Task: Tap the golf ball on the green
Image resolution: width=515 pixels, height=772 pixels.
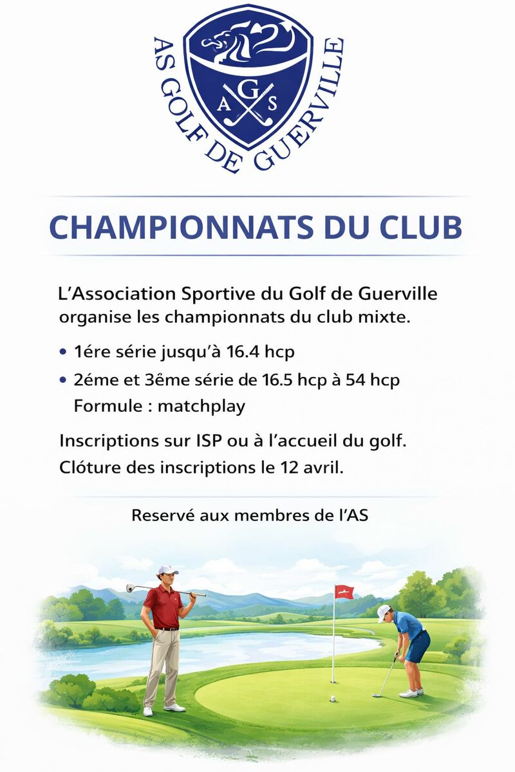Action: [x=332, y=697]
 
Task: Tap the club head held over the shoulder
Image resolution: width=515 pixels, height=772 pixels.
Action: [x=131, y=587]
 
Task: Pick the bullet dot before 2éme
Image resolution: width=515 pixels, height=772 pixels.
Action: [x=62, y=380]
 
